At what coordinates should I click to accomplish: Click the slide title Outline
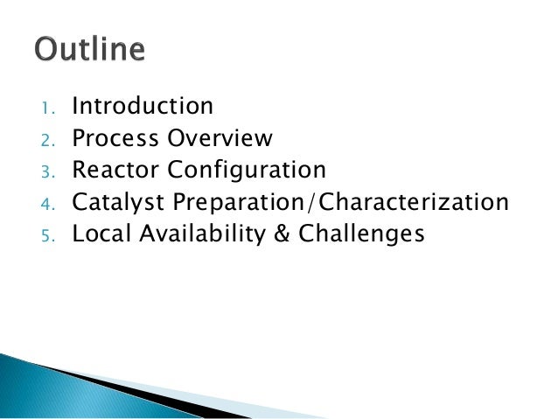pos(89,49)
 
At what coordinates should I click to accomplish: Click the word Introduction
pos(143,107)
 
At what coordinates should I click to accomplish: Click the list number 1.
pos(48,108)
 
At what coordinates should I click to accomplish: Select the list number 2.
pos(48,140)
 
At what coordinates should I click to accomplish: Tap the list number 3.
pos(48,171)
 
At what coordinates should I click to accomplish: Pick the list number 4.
pos(48,204)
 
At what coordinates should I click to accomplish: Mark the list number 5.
pos(48,235)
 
